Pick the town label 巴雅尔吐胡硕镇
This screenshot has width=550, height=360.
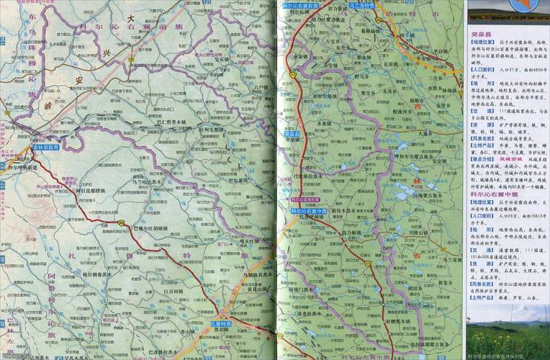coord(150,228)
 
